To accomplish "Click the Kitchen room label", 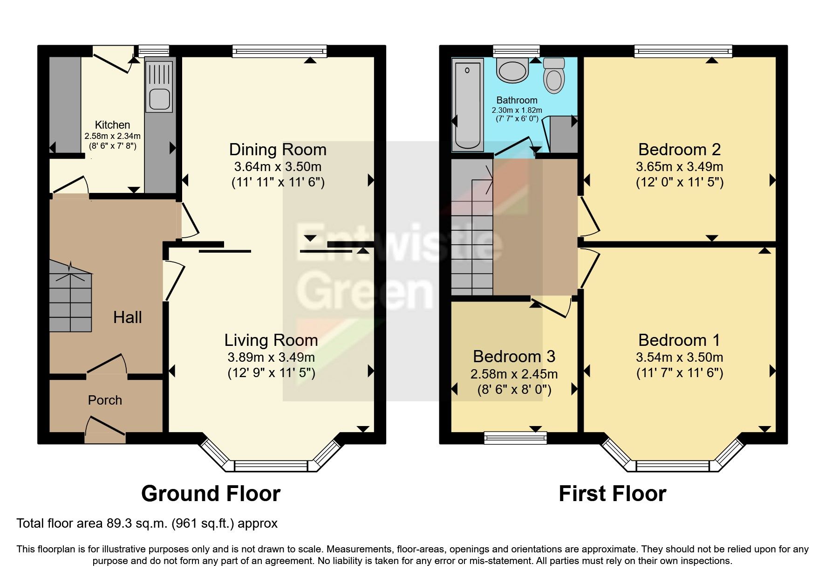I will coord(112,125).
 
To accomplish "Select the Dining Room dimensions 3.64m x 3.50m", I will coord(278,166).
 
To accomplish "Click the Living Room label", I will coord(271,340).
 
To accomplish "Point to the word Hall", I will coord(127,317).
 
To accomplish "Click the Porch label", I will coord(105,400).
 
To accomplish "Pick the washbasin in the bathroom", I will coord(512,70).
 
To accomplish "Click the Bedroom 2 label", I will coord(679,150).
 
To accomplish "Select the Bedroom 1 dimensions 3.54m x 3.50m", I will coord(679,358).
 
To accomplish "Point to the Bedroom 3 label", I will coord(514,357).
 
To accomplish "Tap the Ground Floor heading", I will coord(211,494).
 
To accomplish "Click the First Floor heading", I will coord(612,494).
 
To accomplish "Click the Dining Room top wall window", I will coord(280,51).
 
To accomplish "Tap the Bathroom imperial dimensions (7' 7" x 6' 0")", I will coord(517,118).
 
